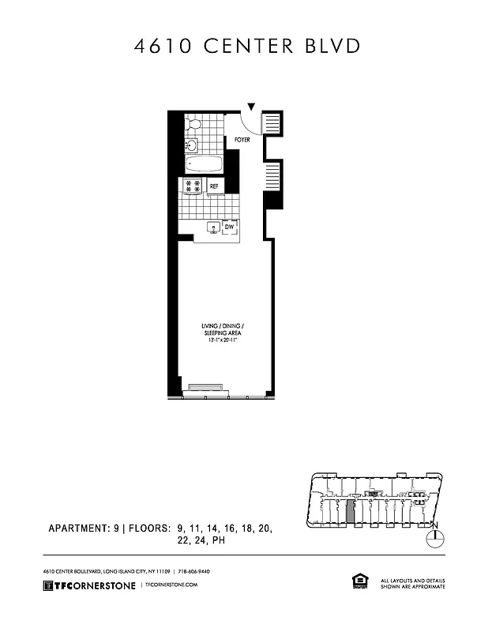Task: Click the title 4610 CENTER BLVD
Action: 247,46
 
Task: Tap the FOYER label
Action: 242,140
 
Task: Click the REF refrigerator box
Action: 214,186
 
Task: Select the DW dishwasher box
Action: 230,228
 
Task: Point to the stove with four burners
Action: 192,186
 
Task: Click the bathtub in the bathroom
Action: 204,164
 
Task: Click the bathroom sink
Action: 190,145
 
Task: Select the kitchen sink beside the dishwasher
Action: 212,228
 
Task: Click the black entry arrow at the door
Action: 252,107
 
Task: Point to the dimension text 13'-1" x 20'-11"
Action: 225,340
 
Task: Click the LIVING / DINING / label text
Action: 225,326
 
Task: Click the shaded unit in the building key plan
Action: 351,510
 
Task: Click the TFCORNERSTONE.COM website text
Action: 171,585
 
